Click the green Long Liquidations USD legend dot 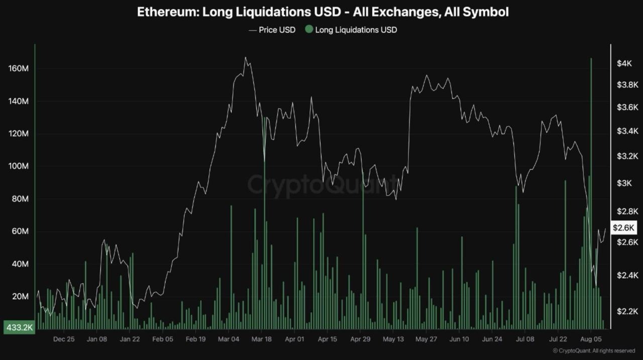click(308, 30)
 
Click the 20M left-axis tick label click(20, 296)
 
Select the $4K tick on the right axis click(624, 63)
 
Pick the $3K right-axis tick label click(624, 183)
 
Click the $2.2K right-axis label click(627, 311)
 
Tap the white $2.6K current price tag click(624, 227)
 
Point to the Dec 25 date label click(64, 339)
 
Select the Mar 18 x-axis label click(261, 339)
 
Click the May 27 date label click(425, 339)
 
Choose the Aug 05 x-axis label click(590, 339)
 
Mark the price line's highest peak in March click(245, 58)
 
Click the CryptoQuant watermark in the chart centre click(321, 184)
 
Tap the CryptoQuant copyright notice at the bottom click(594, 350)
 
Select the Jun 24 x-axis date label click(492, 339)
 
